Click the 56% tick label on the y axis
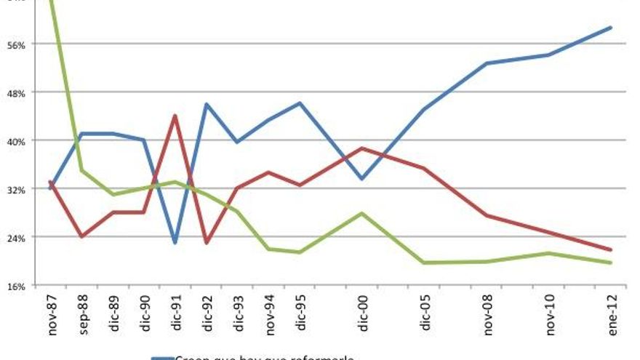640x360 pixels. (x=17, y=44)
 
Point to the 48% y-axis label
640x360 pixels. (x=17, y=92)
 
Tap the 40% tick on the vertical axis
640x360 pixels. (x=17, y=140)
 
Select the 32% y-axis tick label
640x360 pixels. (x=17, y=189)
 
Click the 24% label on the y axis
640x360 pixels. (x=17, y=237)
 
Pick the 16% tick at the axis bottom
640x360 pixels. (x=17, y=286)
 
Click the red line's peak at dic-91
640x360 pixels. (x=175, y=115)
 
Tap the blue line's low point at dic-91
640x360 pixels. (x=175, y=242)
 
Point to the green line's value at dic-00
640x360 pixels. (x=362, y=213)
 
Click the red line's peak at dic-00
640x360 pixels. (x=362, y=148)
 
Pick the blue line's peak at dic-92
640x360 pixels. (x=207, y=104)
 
